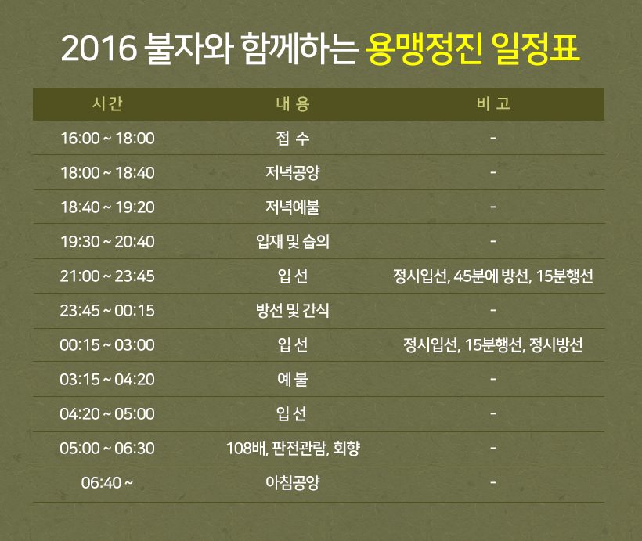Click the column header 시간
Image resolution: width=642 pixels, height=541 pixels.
pyautogui.click(x=107, y=103)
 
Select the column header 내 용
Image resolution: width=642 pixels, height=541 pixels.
pyautogui.click(x=293, y=103)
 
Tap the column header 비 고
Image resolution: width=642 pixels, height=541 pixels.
pyautogui.click(x=493, y=103)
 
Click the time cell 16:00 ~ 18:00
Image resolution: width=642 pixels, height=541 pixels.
pyautogui.click(x=107, y=139)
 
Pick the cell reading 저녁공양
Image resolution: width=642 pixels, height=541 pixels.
pyautogui.click(x=292, y=173)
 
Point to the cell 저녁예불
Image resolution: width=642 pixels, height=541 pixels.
pyautogui.click(x=292, y=207)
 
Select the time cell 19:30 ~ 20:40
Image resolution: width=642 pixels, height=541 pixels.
pyautogui.click(x=107, y=242)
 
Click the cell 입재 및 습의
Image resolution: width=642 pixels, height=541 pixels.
pyautogui.click(x=293, y=242)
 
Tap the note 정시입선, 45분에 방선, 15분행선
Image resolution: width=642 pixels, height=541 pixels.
pyautogui.click(x=493, y=276)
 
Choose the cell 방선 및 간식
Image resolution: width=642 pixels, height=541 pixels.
pyautogui.click(x=293, y=311)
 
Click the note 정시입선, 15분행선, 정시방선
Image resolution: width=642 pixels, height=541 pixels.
pyautogui.click(x=493, y=345)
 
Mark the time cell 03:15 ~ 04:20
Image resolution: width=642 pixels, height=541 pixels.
pyautogui.click(x=107, y=380)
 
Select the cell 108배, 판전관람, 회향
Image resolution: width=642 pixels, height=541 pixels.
pyautogui.click(x=293, y=449)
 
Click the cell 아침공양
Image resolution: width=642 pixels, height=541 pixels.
pyautogui.click(x=292, y=483)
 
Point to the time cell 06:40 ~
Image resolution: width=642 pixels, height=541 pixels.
pyautogui.click(x=106, y=483)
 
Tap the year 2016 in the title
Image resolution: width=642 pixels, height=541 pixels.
pyautogui.click(x=99, y=49)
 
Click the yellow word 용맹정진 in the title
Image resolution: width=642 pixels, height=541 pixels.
pyautogui.click(x=423, y=49)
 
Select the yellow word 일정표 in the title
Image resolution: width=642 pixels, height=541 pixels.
pyautogui.click(x=536, y=49)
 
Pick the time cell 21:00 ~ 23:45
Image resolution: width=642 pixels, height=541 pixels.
pyautogui.click(x=107, y=276)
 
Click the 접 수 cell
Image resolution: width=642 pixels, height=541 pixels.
pyautogui.click(x=293, y=139)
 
